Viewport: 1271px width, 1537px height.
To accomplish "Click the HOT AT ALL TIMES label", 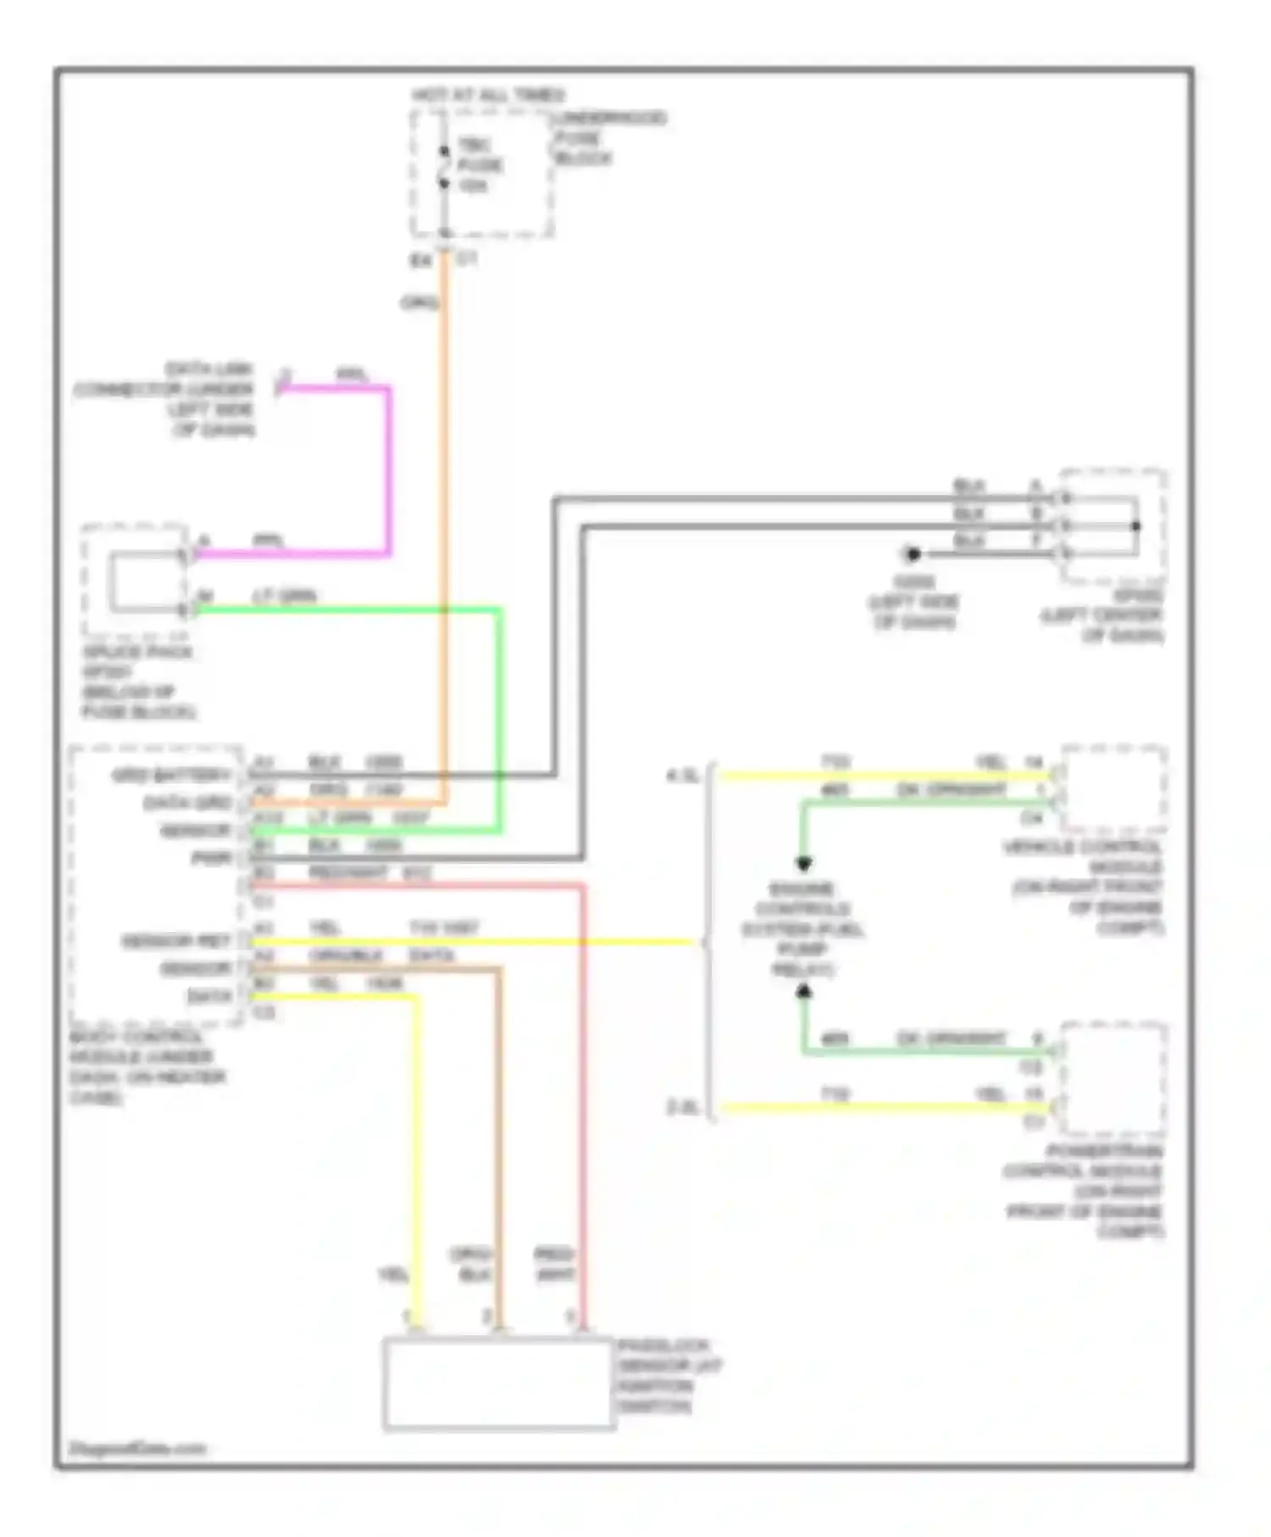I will pos(488,95).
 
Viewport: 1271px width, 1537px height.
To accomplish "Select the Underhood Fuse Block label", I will pos(608,137).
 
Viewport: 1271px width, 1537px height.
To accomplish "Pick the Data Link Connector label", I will pos(166,399).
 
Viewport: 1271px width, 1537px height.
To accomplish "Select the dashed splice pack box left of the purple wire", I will pos(134,580).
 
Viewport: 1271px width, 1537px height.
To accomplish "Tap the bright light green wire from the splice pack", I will pos(500,720).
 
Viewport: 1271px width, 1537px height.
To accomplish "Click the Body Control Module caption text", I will pos(147,1067).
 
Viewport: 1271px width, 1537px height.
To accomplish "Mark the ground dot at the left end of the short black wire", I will pos(913,554).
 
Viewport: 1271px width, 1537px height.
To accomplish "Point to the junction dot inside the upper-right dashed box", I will pos(1136,526).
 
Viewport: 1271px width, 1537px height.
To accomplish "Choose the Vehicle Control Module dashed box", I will pos(1113,788).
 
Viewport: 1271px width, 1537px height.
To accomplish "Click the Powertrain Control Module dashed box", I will pos(1113,1078).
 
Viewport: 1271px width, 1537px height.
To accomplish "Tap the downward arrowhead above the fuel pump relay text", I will pos(803,863).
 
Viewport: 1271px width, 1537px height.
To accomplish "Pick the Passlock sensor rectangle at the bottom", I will pos(498,1384).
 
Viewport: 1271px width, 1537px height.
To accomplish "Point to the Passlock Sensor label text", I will pos(669,1376).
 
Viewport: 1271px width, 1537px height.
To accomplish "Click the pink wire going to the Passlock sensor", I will pos(583,1101).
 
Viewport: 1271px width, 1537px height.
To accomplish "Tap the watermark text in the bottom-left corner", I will pos(137,1448).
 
